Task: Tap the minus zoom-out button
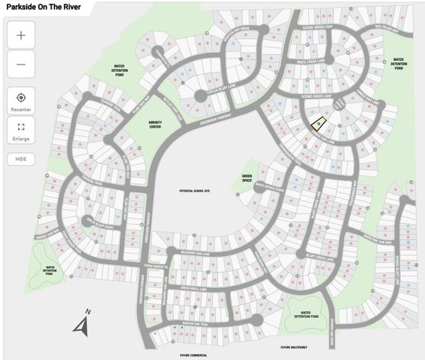[21, 64]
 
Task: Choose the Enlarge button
[21, 131]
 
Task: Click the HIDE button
[21, 159]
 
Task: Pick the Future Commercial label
[193, 355]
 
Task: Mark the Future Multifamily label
[295, 347]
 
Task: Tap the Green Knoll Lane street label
[196, 287]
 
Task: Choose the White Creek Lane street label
[310, 62]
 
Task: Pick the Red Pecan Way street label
[389, 28]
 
